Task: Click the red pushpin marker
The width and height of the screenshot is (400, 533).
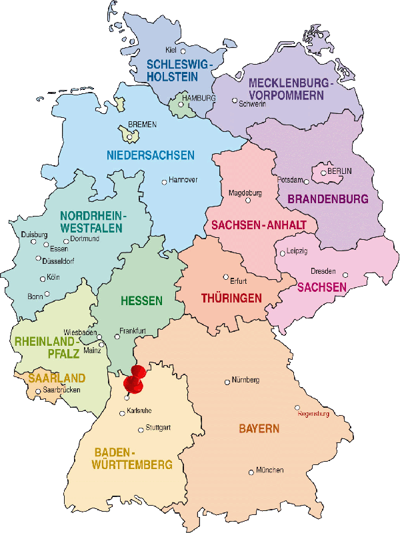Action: pos(137,378)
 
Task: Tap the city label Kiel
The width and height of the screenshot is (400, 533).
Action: pos(171,50)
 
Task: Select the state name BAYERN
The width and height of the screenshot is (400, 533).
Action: pos(259,428)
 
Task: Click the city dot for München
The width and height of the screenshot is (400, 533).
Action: pos(251,470)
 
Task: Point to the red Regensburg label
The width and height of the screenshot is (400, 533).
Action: pos(313,414)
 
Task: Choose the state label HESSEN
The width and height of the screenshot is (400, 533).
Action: pos(141,301)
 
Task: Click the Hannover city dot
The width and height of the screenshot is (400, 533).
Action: pos(164,181)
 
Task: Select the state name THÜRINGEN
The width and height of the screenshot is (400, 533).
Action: pos(232,298)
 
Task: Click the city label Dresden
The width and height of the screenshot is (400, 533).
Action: pos(323,271)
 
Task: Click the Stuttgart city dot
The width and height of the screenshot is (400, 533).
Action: pos(141,430)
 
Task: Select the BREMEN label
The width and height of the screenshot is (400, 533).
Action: pos(141,124)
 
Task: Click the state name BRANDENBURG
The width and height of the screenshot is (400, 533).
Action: pos(327,199)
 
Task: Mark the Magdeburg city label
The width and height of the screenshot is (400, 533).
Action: pos(245,193)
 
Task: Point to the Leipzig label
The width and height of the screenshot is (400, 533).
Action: pos(297,251)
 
